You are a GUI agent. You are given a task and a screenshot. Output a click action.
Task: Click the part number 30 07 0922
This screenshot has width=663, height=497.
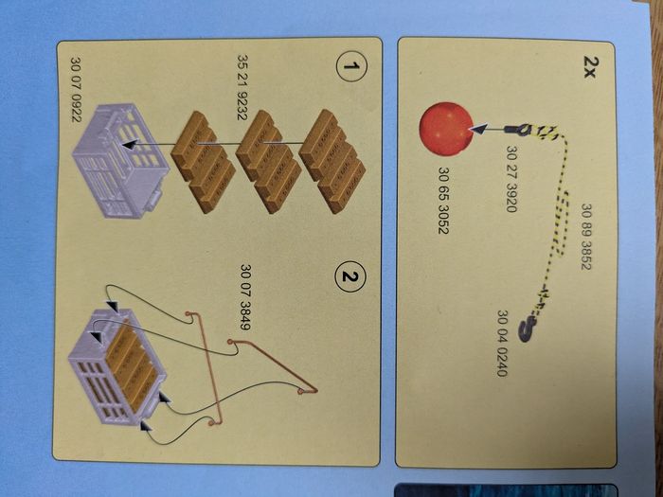tap(76, 90)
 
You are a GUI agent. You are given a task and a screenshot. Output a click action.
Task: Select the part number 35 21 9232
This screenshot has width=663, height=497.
tap(242, 87)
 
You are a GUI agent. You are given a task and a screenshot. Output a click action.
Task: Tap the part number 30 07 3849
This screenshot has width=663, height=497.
tap(245, 296)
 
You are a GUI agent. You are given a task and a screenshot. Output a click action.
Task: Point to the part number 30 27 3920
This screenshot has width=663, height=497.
tap(511, 179)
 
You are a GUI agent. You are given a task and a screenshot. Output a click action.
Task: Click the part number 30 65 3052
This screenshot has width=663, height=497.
tap(443, 201)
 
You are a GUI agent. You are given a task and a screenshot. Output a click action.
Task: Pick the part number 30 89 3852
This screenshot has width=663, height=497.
tap(587, 237)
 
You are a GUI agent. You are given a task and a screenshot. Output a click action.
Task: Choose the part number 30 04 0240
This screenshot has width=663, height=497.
tap(502, 343)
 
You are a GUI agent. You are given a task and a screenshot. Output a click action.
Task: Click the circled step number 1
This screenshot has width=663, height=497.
tap(351, 66)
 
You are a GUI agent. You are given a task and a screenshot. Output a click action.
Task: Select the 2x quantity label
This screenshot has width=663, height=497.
tap(589, 66)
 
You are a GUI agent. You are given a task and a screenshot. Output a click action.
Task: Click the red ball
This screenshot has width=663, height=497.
tap(446, 129)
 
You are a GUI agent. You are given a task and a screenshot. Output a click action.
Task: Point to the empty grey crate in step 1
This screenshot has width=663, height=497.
tap(121, 161)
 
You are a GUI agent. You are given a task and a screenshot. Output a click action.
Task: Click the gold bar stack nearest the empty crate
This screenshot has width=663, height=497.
tap(203, 162)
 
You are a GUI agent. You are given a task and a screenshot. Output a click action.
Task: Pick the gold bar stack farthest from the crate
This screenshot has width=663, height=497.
tap(332, 161)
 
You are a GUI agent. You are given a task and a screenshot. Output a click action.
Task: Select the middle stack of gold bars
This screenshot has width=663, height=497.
tap(268, 162)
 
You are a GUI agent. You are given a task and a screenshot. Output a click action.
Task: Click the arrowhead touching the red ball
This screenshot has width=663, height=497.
tap(479, 129)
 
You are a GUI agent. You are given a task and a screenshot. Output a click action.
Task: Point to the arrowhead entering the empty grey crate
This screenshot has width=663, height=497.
tap(131, 145)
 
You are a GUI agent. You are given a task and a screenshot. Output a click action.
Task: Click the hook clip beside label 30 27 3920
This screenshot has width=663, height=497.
tap(519, 130)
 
